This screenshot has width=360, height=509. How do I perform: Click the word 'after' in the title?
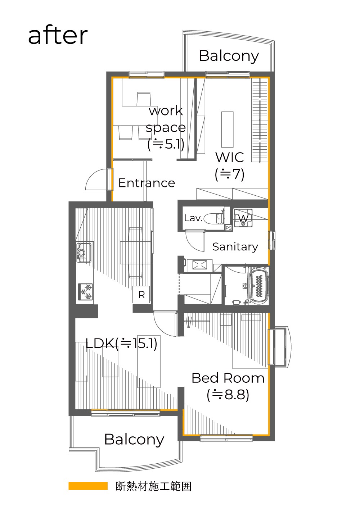click(58, 36)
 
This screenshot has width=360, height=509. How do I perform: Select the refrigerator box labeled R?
click(141, 295)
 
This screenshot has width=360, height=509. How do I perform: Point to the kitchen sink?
click(84, 253)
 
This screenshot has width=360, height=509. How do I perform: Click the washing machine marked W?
click(243, 218)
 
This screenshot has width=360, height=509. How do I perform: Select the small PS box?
click(228, 228)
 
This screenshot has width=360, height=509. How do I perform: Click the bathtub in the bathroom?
click(259, 285)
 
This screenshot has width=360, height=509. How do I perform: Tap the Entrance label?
click(147, 183)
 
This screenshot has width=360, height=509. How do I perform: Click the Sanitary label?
click(235, 247)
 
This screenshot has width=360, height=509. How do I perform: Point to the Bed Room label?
click(228, 378)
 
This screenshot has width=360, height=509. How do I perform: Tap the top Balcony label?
click(229, 56)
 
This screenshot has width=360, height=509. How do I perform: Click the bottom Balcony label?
click(134, 440)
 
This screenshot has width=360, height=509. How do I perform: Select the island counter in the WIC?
click(228, 129)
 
